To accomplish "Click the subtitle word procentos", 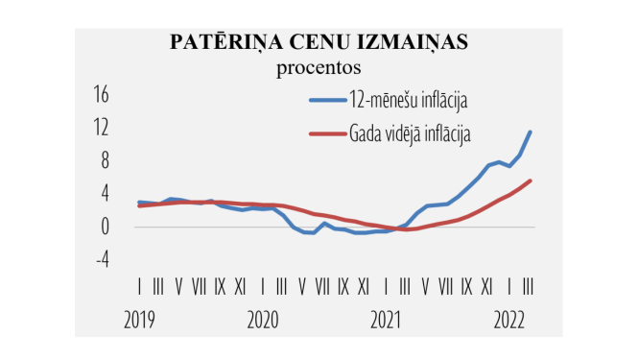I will (x=318, y=67).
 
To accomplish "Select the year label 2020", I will (x=264, y=321).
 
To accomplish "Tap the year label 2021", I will (x=387, y=321).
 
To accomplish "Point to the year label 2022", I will (x=509, y=321).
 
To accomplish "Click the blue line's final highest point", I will (x=531, y=132).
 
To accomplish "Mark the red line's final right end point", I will (x=531, y=180).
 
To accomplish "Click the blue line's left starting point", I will (x=139, y=202).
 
